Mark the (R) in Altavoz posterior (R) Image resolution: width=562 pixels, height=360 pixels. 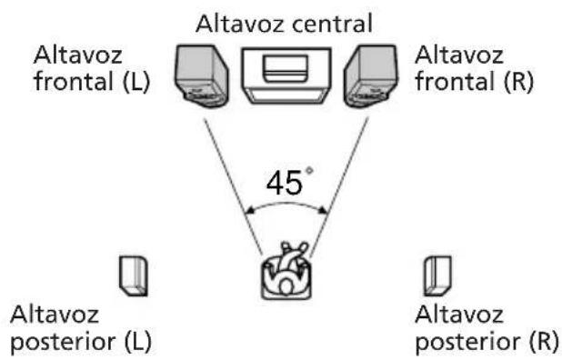coord(533,342)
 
